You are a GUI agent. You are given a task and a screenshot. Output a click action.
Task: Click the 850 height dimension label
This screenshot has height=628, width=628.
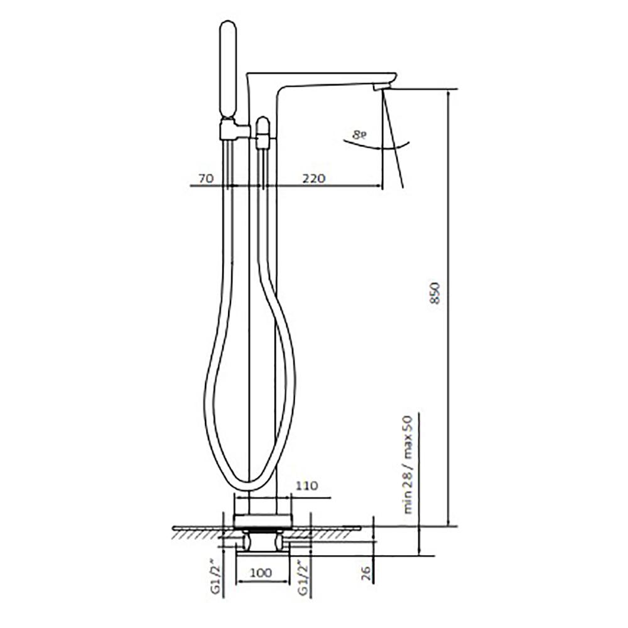[x=435, y=293]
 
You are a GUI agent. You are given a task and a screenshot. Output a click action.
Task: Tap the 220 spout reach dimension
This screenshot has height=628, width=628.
[x=313, y=178]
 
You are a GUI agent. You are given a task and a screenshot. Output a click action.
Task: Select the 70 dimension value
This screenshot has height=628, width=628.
[x=207, y=178]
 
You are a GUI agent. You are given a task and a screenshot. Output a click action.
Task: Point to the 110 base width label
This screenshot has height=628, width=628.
[x=307, y=486]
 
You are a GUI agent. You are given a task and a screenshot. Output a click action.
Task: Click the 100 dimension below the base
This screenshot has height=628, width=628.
[x=261, y=573]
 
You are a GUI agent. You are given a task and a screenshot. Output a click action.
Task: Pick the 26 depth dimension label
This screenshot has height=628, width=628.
[x=366, y=573]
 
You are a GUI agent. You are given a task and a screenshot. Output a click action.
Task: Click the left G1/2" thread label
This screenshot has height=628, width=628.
[x=216, y=579]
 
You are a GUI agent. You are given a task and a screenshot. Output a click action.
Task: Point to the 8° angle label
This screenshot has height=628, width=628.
[x=359, y=135]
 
